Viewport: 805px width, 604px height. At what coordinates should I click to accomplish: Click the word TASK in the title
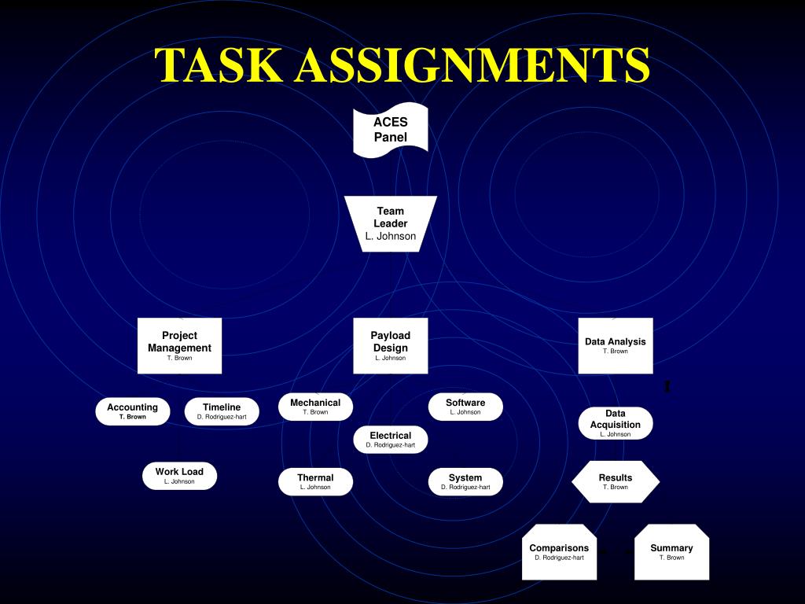coord(220,65)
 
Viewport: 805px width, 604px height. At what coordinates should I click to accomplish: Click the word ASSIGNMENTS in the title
coord(472,65)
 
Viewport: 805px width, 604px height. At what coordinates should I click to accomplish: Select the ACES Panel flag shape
coord(391,130)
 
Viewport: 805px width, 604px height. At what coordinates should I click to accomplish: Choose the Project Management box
coord(179,345)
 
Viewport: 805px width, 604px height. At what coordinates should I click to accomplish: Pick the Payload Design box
coord(391,345)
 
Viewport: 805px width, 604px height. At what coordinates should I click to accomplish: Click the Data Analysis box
coord(616,345)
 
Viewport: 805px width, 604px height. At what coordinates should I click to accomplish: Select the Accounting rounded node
coord(133,411)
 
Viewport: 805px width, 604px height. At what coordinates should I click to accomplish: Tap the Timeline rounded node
coord(222,411)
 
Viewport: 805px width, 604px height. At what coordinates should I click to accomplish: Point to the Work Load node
coord(179,476)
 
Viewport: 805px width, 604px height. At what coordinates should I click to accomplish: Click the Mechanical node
coord(315,407)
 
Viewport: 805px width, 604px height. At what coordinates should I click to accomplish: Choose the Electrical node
coord(391,439)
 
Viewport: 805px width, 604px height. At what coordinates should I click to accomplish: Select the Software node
coord(465,407)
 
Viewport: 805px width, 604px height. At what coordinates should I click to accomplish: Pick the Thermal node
coord(315,481)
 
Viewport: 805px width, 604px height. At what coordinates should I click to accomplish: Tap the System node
coord(465,481)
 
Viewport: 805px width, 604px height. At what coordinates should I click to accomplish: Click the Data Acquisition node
coord(616,423)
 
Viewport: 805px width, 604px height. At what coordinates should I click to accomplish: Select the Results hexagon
coord(616,481)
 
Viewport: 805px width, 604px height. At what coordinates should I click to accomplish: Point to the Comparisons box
coord(559,552)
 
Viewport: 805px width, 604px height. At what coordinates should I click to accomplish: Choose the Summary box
coord(671,552)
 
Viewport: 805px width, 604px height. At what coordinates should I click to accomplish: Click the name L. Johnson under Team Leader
coord(391,237)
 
